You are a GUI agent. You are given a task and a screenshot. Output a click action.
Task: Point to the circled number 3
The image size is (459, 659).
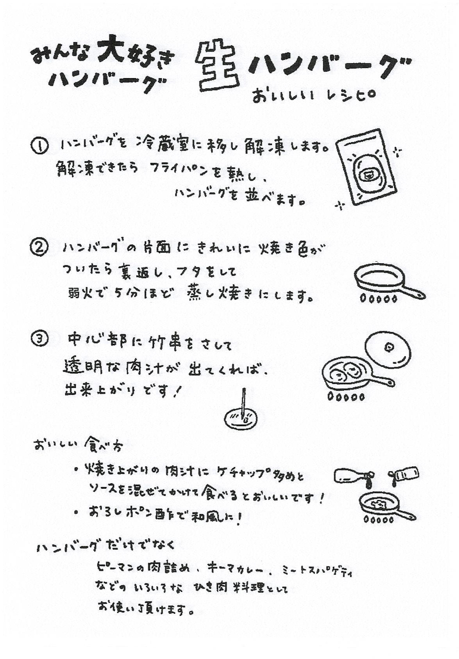tap(39, 339)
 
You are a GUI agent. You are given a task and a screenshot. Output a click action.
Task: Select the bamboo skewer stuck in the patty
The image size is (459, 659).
tap(243, 403)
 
